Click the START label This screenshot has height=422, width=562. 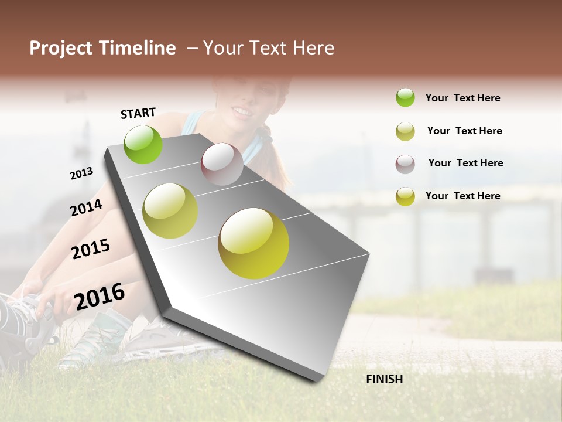(x=138, y=113)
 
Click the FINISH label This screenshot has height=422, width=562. (x=384, y=379)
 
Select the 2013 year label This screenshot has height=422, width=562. (x=81, y=173)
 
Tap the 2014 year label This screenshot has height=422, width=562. (x=86, y=207)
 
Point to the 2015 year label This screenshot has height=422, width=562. (x=91, y=249)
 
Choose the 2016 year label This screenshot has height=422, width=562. (x=100, y=296)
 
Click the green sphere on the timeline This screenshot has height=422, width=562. (x=143, y=144)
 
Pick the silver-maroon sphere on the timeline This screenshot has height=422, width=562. (x=222, y=164)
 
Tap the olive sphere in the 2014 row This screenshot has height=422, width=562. (x=170, y=211)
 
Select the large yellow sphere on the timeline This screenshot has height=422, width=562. (x=253, y=243)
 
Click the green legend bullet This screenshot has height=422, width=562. (x=405, y=97)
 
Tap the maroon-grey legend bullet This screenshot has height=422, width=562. (x=405, y=164)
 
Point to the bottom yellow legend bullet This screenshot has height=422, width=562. (x=405, y=196)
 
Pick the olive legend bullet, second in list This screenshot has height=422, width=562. (x=405, y=131)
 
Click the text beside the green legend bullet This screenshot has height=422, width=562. (x=462, y=98)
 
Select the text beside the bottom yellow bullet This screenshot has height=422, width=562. (x=462, y=196)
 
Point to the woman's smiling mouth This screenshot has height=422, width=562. (x=242, y=111)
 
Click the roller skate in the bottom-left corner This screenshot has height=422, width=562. (x=23, y=328)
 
